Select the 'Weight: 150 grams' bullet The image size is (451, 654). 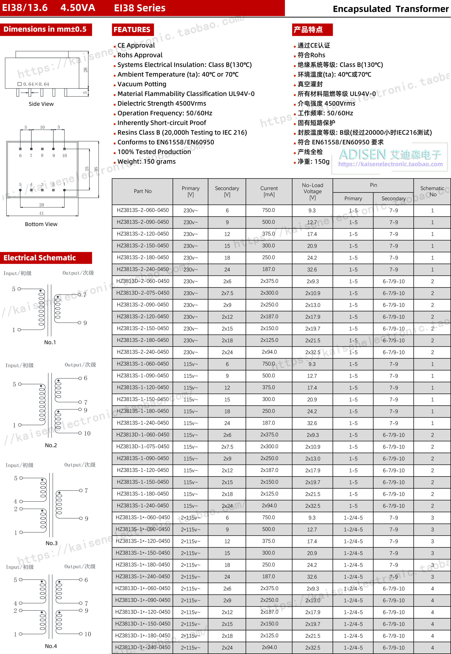click(x=146, y=162)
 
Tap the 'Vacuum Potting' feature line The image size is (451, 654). click(x=142, y=84)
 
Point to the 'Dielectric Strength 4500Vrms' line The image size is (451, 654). click(x=162, y=103)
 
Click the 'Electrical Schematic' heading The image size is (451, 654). click(x=40, y=258)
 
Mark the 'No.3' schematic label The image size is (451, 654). click(x=51, y=543)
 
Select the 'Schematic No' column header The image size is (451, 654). click(x=432, y=191)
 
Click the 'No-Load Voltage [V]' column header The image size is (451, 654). click(x=312, y=191)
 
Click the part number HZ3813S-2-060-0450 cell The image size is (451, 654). click(x=143, y=210)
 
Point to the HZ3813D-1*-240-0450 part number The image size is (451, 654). click(x=143, y=647)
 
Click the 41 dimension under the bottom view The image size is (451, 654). click(x=42, y=213)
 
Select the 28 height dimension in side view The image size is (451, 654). click(x=85, y=70)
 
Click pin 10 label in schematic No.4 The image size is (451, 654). click(x=88, y=634)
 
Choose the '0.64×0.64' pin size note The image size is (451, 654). click(x=36, y=84)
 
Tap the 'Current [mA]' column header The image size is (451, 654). click(x=269, y=191)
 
